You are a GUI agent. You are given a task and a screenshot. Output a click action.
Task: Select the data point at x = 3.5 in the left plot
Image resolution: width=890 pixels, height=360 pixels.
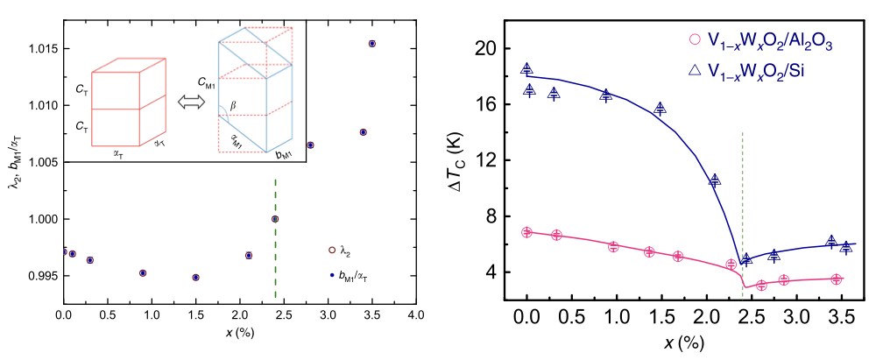point(372,43)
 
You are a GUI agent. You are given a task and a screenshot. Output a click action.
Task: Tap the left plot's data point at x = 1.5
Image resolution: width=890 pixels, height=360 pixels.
point(195,277)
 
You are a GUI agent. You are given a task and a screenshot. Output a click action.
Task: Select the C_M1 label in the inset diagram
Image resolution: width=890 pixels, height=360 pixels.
point(205,83)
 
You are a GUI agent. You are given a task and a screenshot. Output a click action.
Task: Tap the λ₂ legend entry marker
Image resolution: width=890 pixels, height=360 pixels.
point(332,251)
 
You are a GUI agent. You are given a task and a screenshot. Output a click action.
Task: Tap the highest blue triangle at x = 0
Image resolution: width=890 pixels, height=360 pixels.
point(526,69)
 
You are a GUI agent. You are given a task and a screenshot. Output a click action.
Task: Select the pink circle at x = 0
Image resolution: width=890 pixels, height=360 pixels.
point(526,232)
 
